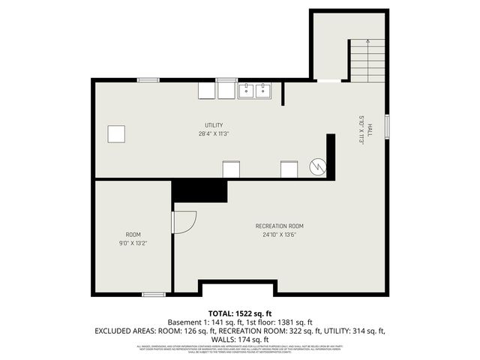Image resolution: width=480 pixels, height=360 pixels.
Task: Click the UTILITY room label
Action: coord(214,125)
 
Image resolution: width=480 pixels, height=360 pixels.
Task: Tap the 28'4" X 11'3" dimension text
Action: coord(214,134)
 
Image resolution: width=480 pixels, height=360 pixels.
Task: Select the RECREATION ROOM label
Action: coord(280,226)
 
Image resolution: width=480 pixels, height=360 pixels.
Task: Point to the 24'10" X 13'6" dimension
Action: coord(280,235)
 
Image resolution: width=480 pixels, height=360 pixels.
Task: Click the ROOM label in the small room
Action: coord(132,235)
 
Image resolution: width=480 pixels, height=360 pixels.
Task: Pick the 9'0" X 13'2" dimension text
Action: coord(132,243)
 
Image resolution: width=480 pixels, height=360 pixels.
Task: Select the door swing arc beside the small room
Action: coord(184,222)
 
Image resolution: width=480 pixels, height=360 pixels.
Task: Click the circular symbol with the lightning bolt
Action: coord(319,166)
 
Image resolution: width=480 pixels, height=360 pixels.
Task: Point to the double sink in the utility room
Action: coord(255,91)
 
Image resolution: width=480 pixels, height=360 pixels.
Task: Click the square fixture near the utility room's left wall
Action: coord(115,134)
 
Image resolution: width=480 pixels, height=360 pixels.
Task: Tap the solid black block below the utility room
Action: coord(199,190)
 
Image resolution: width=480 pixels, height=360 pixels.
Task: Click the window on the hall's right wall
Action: coord(388,125)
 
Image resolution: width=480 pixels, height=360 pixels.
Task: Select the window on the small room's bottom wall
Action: coord(153,294)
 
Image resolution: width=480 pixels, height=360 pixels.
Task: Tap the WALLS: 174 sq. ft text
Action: coord(239,339)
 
